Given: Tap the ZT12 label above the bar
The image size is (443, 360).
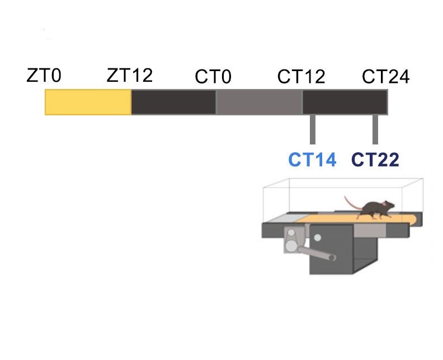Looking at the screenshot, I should pyautogui.click(x=129, y=75).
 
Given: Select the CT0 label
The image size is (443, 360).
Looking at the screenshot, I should pyautogui.click(x=213, y=77).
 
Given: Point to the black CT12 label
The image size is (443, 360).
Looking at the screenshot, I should pyautogui.click(x=301, y=77).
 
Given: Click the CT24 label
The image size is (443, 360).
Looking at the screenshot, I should pyautogui.click(x=385, y=77).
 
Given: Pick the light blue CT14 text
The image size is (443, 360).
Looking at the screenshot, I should pyautogui.click(x=313, y=160).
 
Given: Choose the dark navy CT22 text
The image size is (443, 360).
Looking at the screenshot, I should pyautogui.click(x=375, y=160).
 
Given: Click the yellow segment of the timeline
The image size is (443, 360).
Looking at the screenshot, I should pyautogui.click(x=88, y=102).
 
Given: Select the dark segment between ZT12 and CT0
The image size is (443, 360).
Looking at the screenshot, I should pyautogui.click(x=173, y=102).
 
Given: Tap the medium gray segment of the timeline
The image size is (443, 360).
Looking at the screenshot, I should pyautogui.click(x=259, y=102).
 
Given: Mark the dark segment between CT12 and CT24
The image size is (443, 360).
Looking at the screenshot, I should pyautogui.click(x=345, y=102).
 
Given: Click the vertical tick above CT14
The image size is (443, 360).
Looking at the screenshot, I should pyautogui.click(x=313, y=129).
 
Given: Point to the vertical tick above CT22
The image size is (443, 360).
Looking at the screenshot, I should pyautogui.click(x=375, y=129).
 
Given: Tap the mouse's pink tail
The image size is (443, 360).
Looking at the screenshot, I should pyautogui.click(x=350, y=202).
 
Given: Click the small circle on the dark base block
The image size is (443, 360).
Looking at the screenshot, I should pyautogui.click(x=318, y=237).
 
